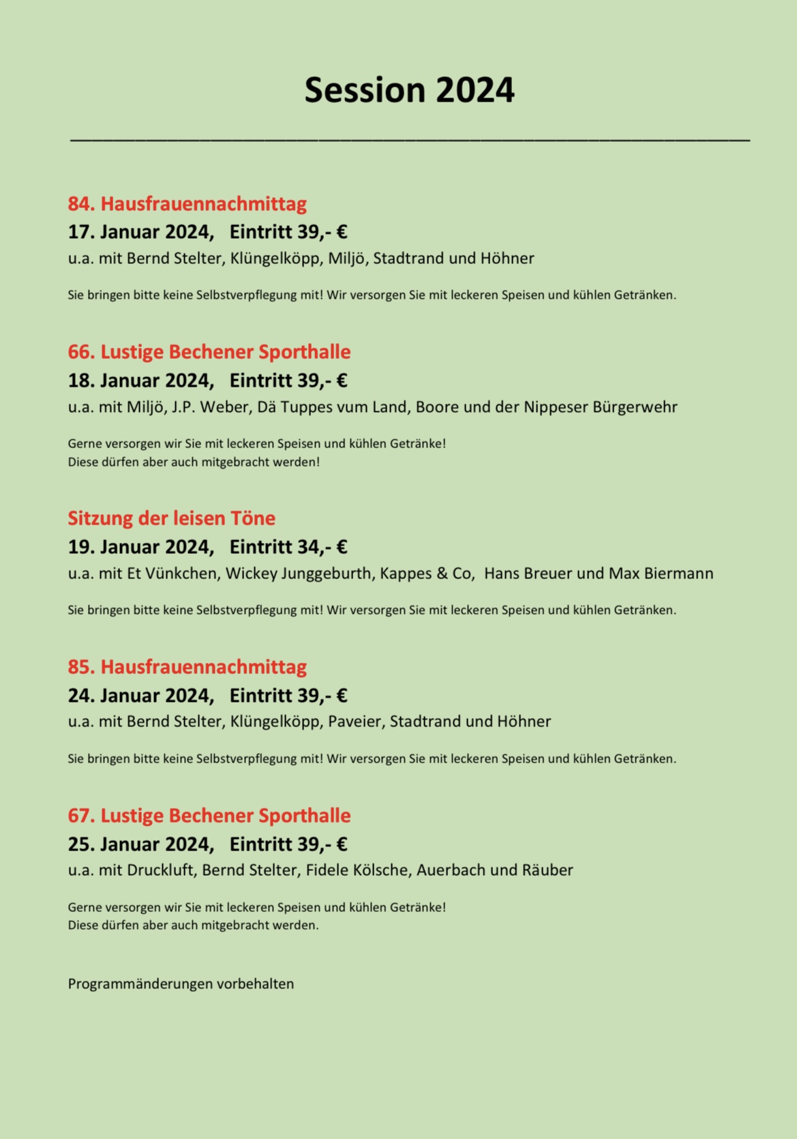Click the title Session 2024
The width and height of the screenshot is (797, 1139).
(409, 90)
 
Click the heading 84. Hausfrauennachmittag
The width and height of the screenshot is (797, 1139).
(187, 203)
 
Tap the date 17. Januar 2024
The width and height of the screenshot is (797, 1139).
(140, 232)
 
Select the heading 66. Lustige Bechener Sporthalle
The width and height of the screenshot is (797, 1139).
(209, 352)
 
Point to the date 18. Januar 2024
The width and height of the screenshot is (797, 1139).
(140, 381)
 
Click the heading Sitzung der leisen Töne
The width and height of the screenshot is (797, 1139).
(171, 518)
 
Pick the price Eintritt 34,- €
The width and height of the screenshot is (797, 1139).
(288, 547)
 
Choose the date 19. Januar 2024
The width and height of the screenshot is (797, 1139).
(140, 547)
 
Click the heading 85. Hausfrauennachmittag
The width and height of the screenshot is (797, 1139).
(187, 666)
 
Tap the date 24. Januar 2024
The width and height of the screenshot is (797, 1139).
(140, 696)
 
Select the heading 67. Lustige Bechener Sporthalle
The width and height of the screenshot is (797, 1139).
(209, 816)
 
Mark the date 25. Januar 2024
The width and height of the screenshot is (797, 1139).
(140, 844)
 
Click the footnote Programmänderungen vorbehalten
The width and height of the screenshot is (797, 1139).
(181, 984)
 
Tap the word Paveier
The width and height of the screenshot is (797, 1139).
(354, 722)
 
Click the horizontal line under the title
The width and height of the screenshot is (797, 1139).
(409, 139)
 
